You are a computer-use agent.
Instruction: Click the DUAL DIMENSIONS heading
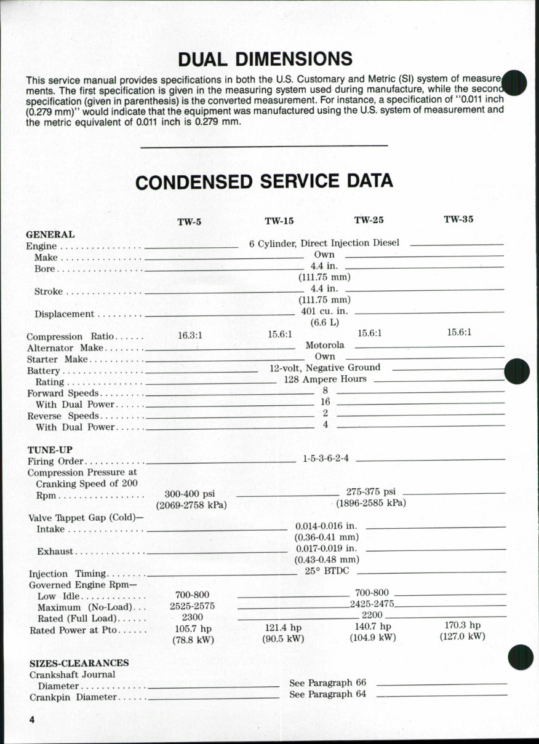pyautogui.click(x=265, y=59)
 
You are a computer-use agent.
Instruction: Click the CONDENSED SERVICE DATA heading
pyautogui.click(x=264, y=181)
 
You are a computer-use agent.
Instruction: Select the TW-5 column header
pyautogui.click(x=190, y=222)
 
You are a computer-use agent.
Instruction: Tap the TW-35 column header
pyautogui.click(x=458, y=219)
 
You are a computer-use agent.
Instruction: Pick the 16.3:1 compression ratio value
pyautogui.click(x=190, y=335)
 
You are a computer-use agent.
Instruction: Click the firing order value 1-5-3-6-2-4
pyautogui.click(x=325, y=459)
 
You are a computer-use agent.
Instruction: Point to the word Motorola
pyautogui.click(x=325, y=345)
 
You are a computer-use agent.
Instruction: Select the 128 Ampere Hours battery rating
pyautogui.click(x=325, y=379)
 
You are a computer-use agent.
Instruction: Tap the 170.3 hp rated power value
pyautogui.click(x=462, y=625)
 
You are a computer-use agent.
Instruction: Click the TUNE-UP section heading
pyautogui.click(x=50, y=450)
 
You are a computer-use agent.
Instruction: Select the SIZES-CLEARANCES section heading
pyautogui.click(x=79, y=663)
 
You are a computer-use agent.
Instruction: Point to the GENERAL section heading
pyautogui.click(x=50, y=234)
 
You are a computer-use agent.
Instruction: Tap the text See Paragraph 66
pyautogui.click(x=327, y=683)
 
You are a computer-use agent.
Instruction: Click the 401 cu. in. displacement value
pyautogui.click(x=325, y=311)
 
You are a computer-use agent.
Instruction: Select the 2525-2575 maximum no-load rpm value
pyautogui.click(x=192, y=606)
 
